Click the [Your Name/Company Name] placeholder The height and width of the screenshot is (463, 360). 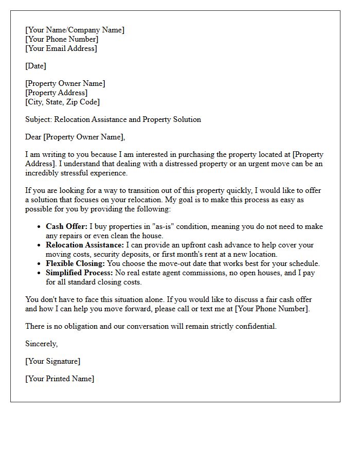(75, 30)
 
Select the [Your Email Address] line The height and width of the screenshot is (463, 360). (61, 48)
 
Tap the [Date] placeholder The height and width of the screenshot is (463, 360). (35, 66)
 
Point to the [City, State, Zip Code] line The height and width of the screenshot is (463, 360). (62, 102)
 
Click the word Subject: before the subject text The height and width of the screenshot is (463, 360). (39, 119)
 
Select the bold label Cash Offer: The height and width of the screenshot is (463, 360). (66, 226)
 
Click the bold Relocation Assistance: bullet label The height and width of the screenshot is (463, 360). (85, 245)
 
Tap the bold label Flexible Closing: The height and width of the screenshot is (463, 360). (75, 263)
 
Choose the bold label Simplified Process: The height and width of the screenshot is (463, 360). (79, 273)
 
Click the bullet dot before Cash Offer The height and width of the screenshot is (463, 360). (40, 227)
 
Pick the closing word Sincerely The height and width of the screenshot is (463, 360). (41, 344)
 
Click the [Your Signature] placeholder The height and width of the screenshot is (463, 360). (52, 361)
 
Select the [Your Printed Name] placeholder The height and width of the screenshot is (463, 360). (60, 379)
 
